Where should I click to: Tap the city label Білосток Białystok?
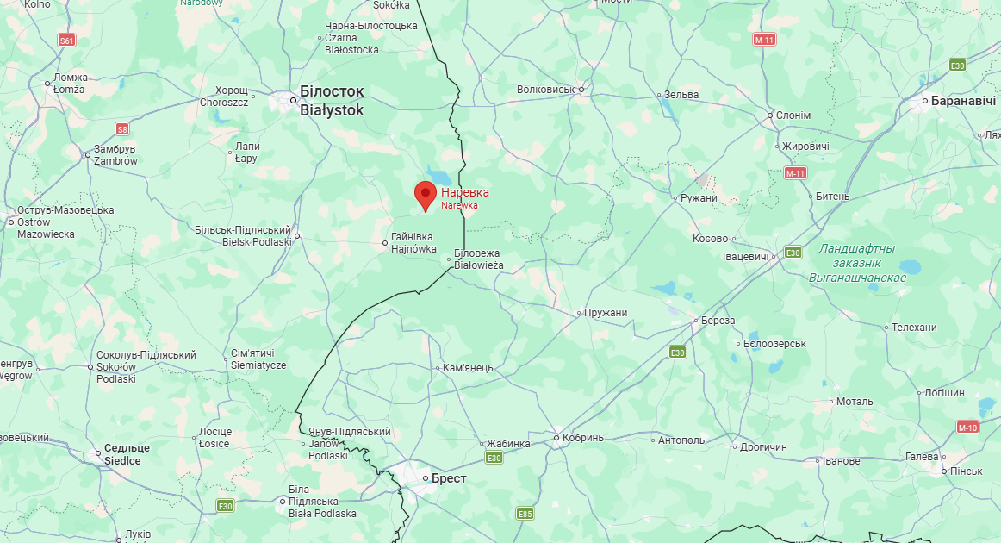332,101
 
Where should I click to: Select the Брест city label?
448,478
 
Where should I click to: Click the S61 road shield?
67,41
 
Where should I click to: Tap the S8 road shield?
122,129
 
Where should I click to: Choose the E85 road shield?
525,514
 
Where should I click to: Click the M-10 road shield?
967,428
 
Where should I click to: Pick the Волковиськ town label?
545,90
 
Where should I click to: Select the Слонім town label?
793,115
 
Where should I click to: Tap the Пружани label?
606,313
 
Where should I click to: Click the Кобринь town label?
585,438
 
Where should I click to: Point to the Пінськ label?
966,471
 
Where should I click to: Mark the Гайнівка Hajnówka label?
412,242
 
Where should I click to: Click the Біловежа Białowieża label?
478,259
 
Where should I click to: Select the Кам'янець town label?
468,368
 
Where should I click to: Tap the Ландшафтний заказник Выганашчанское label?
857,263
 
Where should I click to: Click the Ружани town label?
698,198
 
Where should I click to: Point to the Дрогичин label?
763,447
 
